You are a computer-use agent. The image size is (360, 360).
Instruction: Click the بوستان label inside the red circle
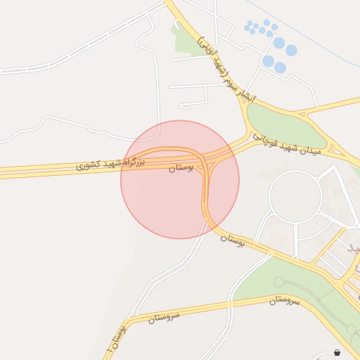tap(181, 168)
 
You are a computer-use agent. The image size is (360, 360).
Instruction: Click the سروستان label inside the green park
tap(284, 300)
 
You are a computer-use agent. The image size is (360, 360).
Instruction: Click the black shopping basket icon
tap(337, 352)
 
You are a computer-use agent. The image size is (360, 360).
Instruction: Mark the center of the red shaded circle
tap(180, 179)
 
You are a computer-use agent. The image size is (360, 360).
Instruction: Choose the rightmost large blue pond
tap(290, 51)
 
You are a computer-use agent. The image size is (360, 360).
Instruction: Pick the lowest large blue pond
tap(280, 68)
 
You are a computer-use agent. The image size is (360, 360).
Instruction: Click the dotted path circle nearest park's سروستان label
tap(279, 282)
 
